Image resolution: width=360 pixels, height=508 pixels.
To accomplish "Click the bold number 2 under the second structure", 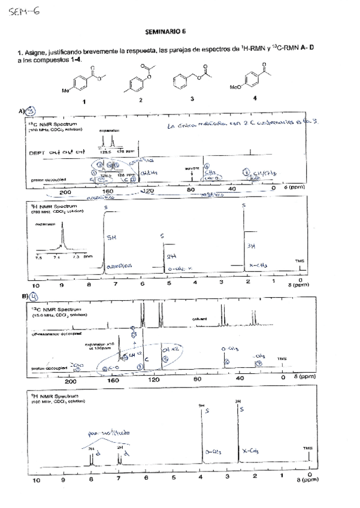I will click(140, 100).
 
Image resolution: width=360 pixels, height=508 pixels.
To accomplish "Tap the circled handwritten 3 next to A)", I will click(31, 111).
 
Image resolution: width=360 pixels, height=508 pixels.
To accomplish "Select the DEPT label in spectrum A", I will click(38, 153).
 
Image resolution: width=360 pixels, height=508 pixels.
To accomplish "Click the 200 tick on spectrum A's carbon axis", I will click(65, 192).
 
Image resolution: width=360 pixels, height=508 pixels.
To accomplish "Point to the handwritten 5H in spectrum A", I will click(112, 237).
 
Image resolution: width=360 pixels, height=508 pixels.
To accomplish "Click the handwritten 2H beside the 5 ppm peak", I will click(171, 256).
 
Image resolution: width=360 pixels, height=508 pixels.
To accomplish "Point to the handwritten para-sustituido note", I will click(101, 431).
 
